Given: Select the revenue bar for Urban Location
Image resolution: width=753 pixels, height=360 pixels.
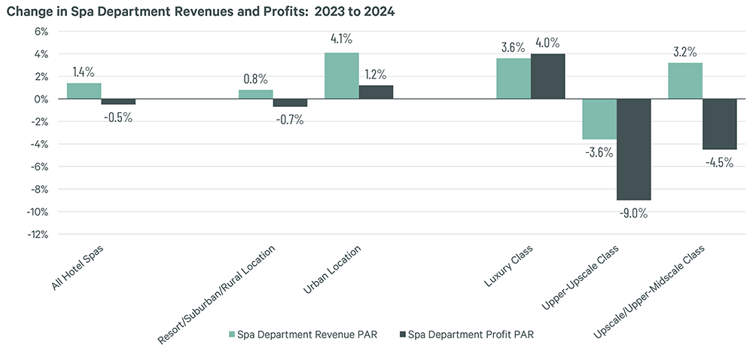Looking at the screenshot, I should pos(341,76).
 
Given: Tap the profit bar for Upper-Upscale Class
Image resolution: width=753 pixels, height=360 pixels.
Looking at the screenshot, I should pos(633,149).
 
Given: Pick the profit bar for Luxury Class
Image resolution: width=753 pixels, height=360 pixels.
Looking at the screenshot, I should pos(547,77).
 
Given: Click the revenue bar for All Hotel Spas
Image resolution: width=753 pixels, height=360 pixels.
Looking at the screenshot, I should pos(84,91).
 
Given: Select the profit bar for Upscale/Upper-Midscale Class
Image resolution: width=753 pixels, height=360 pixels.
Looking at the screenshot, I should pos(719,124).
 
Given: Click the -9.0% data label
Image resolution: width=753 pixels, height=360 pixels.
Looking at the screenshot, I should pos(633,212).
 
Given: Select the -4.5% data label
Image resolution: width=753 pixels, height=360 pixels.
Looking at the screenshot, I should pos(719,162).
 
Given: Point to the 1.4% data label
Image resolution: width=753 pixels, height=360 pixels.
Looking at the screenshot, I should pos(84,72).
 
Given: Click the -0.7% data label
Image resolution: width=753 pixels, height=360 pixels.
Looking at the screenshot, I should pos(289,119).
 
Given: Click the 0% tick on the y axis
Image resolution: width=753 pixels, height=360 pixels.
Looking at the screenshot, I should pos(39,99).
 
